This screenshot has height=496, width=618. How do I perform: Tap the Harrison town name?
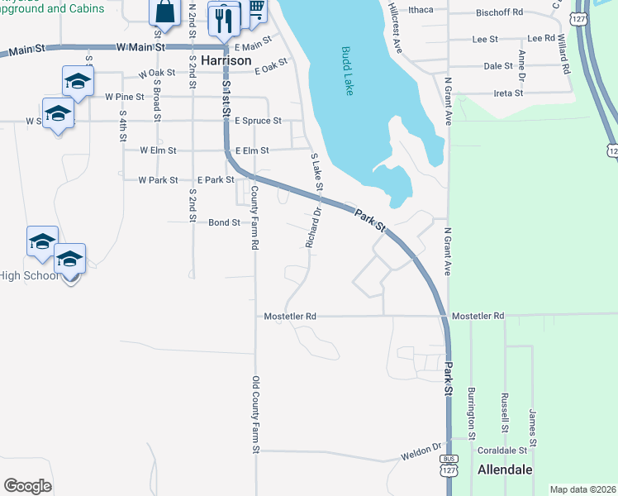(226, 60)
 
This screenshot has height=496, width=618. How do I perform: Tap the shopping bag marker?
(164, 12)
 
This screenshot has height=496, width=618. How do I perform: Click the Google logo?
(27, 486)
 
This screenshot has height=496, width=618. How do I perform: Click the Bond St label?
(224, 222)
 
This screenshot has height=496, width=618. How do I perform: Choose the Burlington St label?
(472, 413)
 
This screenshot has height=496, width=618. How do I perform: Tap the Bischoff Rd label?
(501, 12)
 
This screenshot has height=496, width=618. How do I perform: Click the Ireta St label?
(507, 93)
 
